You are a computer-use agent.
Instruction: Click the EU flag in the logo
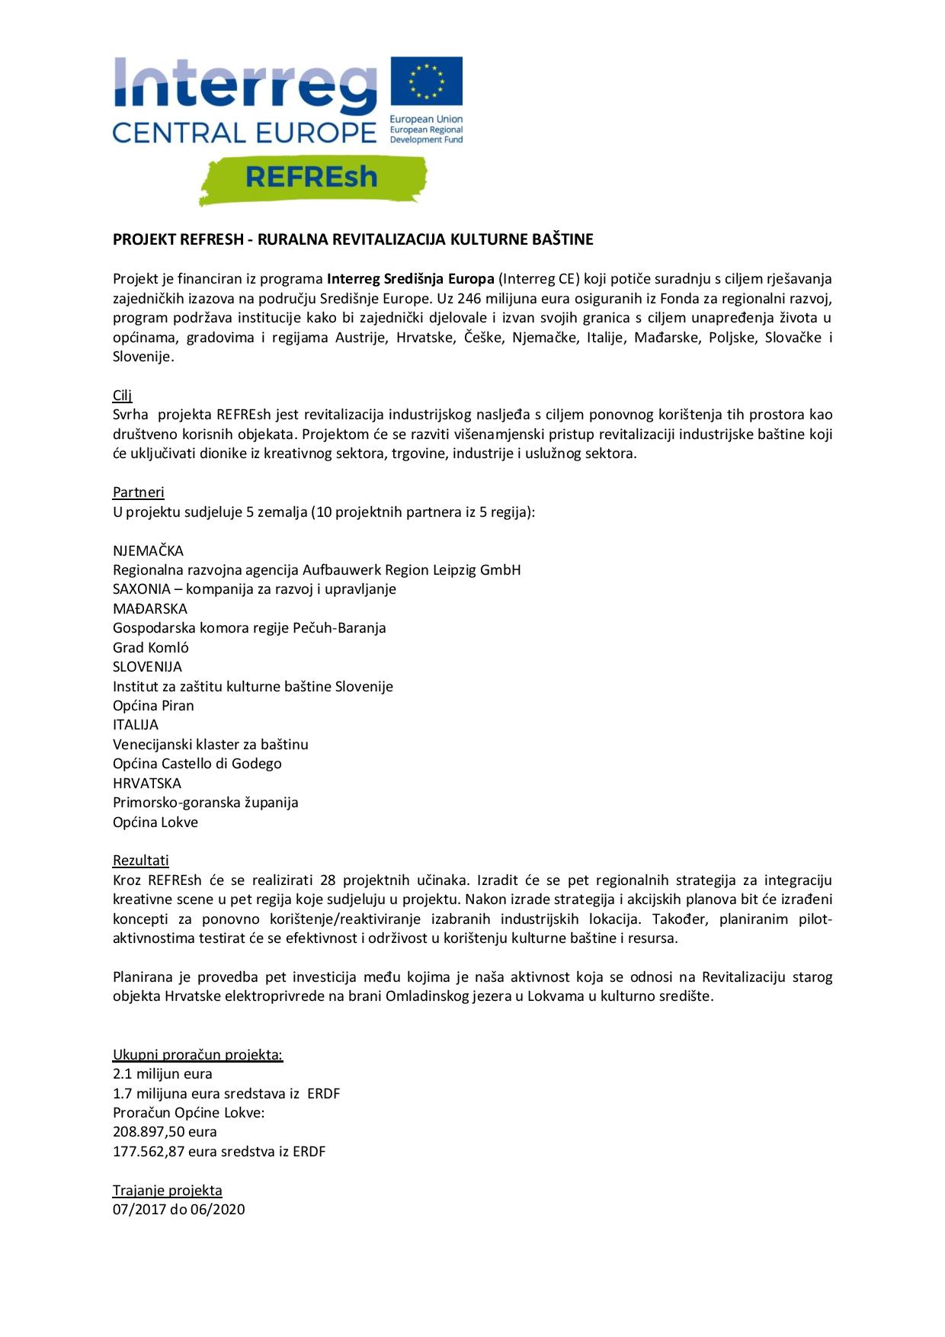(x=426, y=81)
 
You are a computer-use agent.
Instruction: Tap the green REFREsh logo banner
(x=312, y=178)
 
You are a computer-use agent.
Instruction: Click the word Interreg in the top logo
(x=245, y=86)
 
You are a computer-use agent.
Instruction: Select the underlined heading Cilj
(x=123, y=395)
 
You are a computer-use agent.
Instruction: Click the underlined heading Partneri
(x=139, y=492)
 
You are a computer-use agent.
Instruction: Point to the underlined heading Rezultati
(x=141, y=861)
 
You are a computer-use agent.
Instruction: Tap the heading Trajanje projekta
(x=168, y=1190)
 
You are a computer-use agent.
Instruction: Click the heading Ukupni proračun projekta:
(x=198, y=1054)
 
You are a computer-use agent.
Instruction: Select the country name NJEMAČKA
(x=149, y=550)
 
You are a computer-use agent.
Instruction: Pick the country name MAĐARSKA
(x=150, y=608)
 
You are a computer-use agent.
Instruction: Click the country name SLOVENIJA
(x=148, y=666)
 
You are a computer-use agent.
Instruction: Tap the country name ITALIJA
(x=136, y=724)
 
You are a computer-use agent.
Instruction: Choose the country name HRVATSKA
(x=147, y=783)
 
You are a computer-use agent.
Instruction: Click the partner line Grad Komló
(x=151, y=647)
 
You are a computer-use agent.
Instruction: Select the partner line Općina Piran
(x=153, y=705)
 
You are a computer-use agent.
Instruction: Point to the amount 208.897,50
(x=149, y=1131)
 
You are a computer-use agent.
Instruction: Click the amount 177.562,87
(x=149, y=1151)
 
